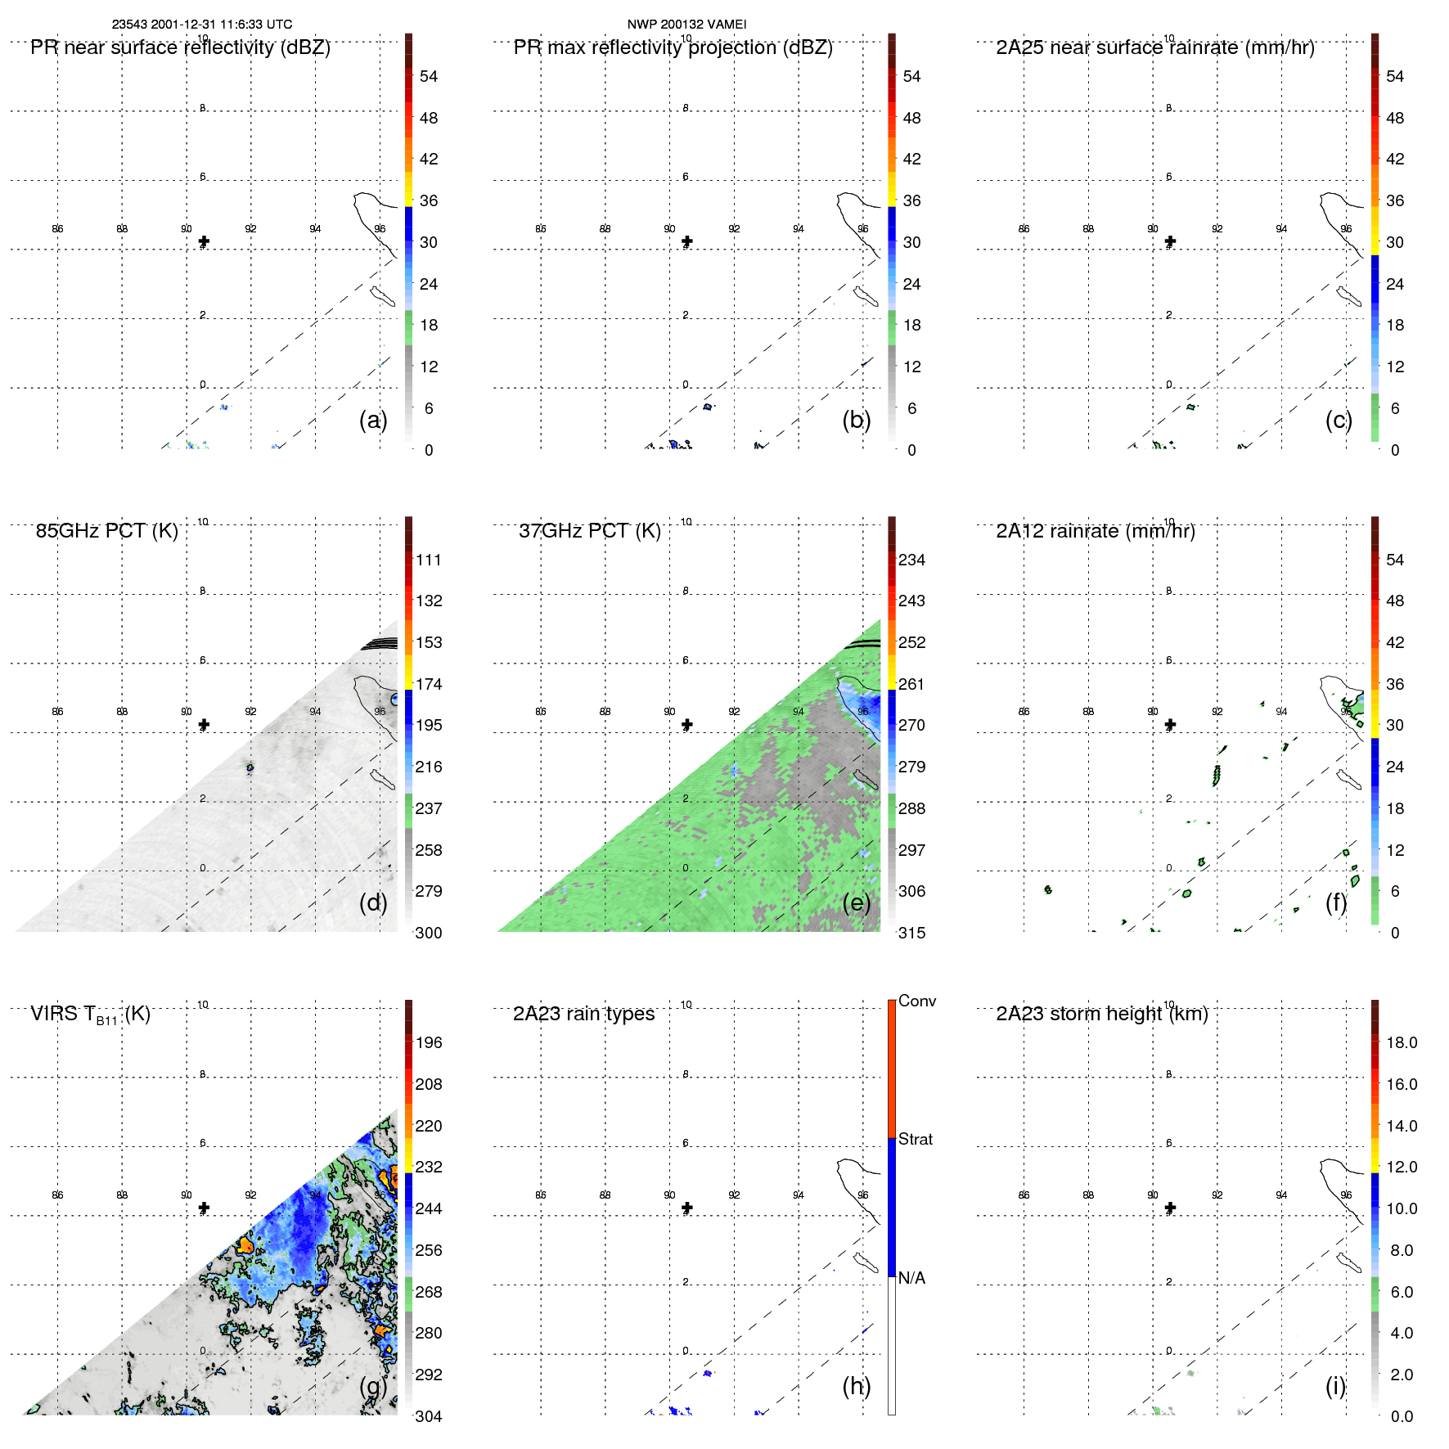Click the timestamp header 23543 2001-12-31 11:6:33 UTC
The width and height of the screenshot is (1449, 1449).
(x=201, y=25)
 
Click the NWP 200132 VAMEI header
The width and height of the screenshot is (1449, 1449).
(x=686, y=25)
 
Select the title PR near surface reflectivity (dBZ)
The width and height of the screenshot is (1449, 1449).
(x=180, y=47)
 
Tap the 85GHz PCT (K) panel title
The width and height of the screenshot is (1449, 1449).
(x=106, y=531)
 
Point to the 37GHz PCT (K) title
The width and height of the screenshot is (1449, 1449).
(x=589, y=531)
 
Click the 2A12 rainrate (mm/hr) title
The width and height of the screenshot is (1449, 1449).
(x=1095, y=531)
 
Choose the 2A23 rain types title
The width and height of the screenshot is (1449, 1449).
(x=583, y=1014)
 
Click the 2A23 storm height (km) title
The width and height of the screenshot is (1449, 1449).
(x=1101, y=1014)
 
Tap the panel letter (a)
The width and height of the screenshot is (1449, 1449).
(x=373, y=420)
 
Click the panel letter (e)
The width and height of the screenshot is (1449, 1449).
(x=856, y=902)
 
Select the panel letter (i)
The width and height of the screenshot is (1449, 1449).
(x=1335, y=1386)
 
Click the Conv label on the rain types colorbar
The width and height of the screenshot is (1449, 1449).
(x=916, y=1001)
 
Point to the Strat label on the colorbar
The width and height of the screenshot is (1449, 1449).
(x=915, y=1139)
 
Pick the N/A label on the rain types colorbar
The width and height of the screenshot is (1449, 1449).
(x=911, y=1278)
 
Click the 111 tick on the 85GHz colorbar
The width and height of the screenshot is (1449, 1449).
(x=428, y=560)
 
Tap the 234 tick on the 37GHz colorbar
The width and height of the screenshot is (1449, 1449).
(x=911, y=560)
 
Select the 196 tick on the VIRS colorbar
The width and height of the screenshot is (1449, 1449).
(x=428, y=1042)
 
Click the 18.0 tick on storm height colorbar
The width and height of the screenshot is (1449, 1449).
(x=1401, y=1042)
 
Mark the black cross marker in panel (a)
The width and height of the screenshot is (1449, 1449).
(x=204, y=241)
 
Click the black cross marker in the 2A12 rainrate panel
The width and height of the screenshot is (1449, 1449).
(x=1170, y=724)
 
